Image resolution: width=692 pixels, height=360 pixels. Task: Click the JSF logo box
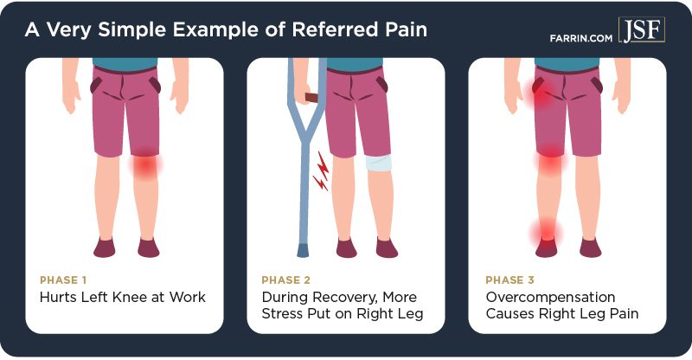641,29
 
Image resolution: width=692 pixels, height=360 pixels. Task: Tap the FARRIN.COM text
580,38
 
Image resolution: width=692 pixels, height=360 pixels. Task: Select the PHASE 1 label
63,280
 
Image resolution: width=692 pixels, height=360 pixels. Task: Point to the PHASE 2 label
286,280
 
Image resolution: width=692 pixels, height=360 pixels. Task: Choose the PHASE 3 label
509,280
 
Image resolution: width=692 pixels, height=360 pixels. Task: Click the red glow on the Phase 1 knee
145,164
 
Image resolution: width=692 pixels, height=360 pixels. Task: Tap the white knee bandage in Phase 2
378,163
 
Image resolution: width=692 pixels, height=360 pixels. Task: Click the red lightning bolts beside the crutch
321,171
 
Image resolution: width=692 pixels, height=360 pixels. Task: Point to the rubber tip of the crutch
302,250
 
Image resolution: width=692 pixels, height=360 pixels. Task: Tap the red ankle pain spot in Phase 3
547,234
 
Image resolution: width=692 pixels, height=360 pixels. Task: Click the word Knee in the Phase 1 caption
130,297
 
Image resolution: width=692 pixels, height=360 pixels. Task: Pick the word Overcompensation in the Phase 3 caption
550,298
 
